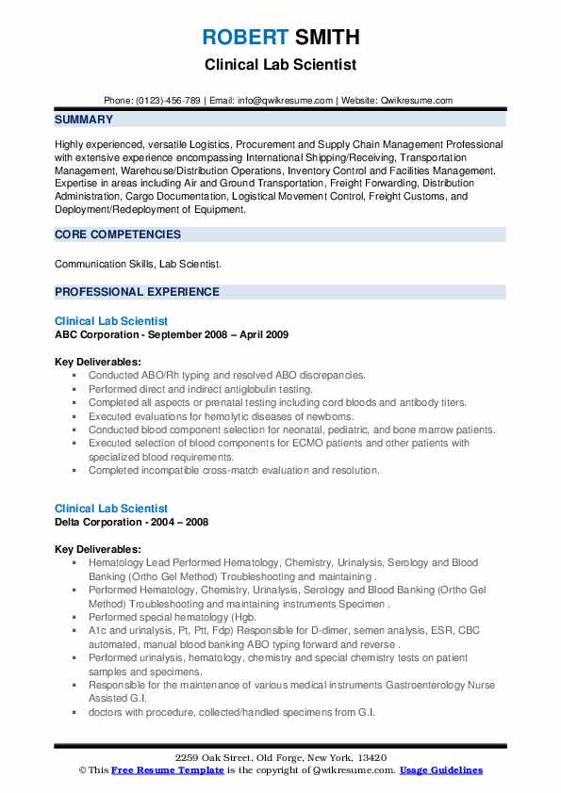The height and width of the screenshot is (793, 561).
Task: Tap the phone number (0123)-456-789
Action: (166, 101)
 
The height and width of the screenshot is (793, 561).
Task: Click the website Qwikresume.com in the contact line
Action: (417, 101)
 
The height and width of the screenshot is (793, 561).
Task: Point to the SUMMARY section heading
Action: (84, 121)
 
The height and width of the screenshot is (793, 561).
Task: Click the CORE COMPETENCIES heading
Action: (118, 235)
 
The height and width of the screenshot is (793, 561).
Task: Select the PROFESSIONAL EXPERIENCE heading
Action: (137, 292)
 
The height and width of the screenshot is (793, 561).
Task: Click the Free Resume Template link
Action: (158, 769)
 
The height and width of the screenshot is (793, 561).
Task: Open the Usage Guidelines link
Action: (440, 769)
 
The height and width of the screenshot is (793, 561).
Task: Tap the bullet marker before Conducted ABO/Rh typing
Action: (74, 376)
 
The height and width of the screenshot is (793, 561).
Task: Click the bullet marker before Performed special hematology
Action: (74, 617)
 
